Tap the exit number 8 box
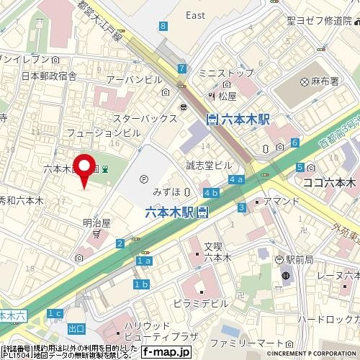click(164, 27)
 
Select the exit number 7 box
click(182, 68)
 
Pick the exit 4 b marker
click(211, 193)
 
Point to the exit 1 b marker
click(141, 285)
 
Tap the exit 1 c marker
click(55, 313)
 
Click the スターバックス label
click(145, 117)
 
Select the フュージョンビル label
click(103, 132)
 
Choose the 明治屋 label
click(96, 223)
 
